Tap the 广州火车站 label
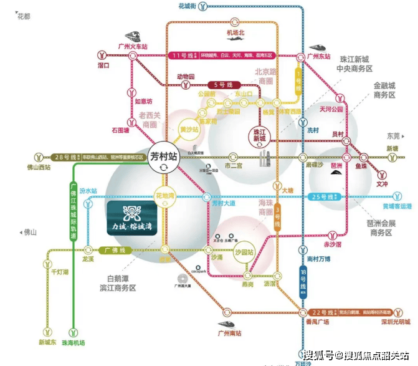tap(132, 47)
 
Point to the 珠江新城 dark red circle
tap(256, 135)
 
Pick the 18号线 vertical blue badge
tap(303, 276)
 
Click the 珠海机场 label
tap(73, 343)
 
